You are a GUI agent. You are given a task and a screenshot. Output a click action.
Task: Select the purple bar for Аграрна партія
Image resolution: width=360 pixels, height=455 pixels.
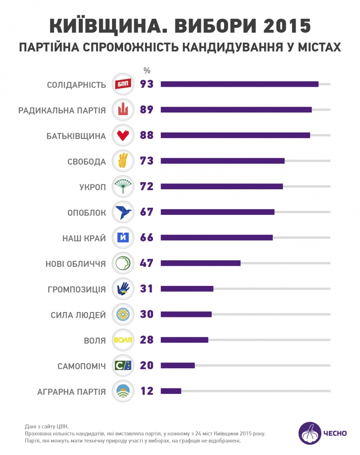pyautogui.click(x=171, y=391)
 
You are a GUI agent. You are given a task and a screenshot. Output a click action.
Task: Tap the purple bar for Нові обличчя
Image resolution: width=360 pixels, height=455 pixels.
pyautogui.click(x=201, y=263)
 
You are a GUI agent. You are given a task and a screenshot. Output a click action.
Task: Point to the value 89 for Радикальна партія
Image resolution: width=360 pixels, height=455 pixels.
pyautogui.click(x=147, y=110)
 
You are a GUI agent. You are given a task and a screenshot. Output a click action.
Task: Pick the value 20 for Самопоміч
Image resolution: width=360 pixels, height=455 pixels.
pyautogui.click(x=147, y=366)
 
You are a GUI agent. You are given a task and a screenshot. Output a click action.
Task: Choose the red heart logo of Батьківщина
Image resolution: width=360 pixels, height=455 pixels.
pyautogui.click(x=123, y=135)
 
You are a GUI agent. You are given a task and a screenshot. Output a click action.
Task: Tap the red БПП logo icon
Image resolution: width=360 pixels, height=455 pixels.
pyautogui.click(x=123, y=84)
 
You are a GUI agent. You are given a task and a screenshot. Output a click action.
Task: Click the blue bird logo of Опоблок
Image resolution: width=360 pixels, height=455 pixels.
pyautogui.click(x=123, y=212)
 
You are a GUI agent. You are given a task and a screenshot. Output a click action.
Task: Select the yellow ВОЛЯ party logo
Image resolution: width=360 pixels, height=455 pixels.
pyautogui.click(x=123, y=340)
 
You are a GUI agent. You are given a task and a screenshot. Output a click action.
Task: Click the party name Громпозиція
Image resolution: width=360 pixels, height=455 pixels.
pyautogui.click(x=76, y=289)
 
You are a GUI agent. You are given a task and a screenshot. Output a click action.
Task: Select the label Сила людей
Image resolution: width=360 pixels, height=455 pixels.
pyautogui.click(x=78, y=315)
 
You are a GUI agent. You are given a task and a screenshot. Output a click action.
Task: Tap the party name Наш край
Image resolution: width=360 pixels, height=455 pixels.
pyautogui.click(x=84, y=238)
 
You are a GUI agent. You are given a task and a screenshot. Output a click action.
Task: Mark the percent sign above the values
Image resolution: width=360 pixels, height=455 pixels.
pyautogui.click(x=147, y=70)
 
